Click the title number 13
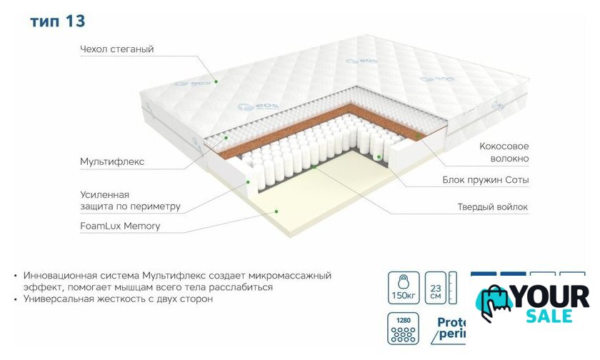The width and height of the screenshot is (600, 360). [x=75, y=21]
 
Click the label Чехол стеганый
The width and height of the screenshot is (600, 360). [x=117, y=49]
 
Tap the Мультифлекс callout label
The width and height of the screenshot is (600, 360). [x=112, y=161]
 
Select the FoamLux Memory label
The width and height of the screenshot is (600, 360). [x=120, y=226]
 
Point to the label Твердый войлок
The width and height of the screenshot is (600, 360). [x=492, y=207]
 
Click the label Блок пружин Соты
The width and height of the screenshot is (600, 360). [x=485, y=181]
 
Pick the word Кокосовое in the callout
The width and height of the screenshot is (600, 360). [x=504, y=146]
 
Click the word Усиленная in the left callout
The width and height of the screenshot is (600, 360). [x=104, y=194]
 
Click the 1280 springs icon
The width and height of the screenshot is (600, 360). [x=401, y=326]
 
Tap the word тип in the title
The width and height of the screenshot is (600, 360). [x=45, y=22]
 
